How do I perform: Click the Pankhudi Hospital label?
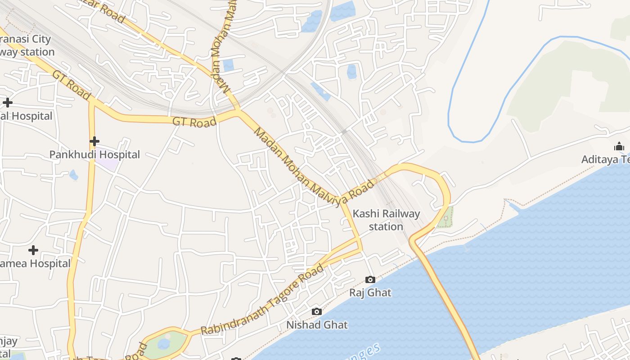(94, 154)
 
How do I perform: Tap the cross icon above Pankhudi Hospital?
(94, 141)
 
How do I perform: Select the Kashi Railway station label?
(386, 220)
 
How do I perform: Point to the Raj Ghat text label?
(370, 292)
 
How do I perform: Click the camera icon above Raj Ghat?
(370, 279)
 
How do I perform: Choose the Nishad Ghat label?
(317, 324)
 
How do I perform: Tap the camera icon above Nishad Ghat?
(317, 311)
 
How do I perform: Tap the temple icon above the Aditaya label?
(619, 147)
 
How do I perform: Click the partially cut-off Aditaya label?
(605, 159)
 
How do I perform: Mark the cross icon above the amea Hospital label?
(33, 250)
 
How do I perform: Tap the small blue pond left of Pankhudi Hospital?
(74, 175)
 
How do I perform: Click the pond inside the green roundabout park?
(163, 344)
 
